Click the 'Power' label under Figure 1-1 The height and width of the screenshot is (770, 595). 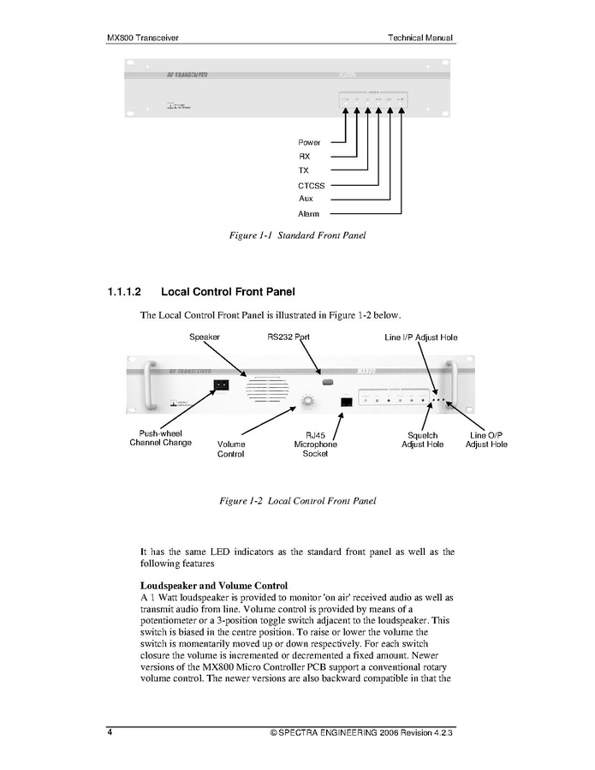309,142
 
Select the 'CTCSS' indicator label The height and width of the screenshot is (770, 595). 312,185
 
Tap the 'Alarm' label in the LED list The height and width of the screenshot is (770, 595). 309,213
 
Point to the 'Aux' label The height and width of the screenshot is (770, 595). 306,199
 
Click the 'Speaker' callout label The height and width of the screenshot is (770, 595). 205,337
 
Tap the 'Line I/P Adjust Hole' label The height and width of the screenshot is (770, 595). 420,337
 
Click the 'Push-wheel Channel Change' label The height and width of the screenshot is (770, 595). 160,439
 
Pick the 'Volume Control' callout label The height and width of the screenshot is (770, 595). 230,450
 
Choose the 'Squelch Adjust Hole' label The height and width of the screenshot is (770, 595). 423,440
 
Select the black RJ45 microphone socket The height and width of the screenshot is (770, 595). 346,401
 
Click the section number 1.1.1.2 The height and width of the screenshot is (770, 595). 128,292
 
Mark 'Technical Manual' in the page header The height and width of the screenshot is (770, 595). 419,38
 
